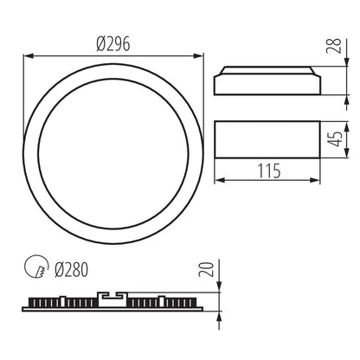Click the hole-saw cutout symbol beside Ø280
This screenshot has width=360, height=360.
tap(35, 269)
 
